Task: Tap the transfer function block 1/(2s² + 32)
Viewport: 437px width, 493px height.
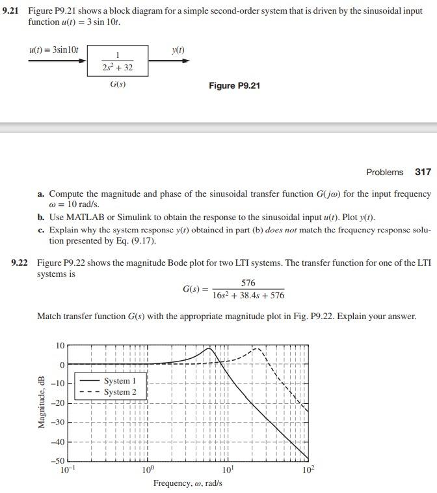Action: pos(118,61)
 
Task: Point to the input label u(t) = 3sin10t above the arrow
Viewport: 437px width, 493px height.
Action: pos(54,50)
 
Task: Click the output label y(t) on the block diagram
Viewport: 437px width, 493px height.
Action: pos(178,50)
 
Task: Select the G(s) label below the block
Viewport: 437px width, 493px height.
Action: pos(118,85)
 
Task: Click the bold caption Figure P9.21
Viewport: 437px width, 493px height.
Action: pos(234,85)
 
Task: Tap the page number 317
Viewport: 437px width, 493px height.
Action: pos(423,172)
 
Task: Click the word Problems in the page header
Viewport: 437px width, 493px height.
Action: pos(384,172)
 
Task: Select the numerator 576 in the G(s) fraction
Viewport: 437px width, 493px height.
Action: pos(248,283)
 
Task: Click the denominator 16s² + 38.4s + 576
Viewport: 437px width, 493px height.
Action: pos(248,296)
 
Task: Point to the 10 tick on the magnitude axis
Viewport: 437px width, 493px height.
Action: pos(60,345)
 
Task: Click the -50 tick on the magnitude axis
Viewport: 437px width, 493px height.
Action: pos(59,462)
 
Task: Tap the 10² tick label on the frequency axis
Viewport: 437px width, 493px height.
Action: pos(308,470)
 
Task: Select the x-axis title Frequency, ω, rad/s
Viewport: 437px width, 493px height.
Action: pos(187,483)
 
